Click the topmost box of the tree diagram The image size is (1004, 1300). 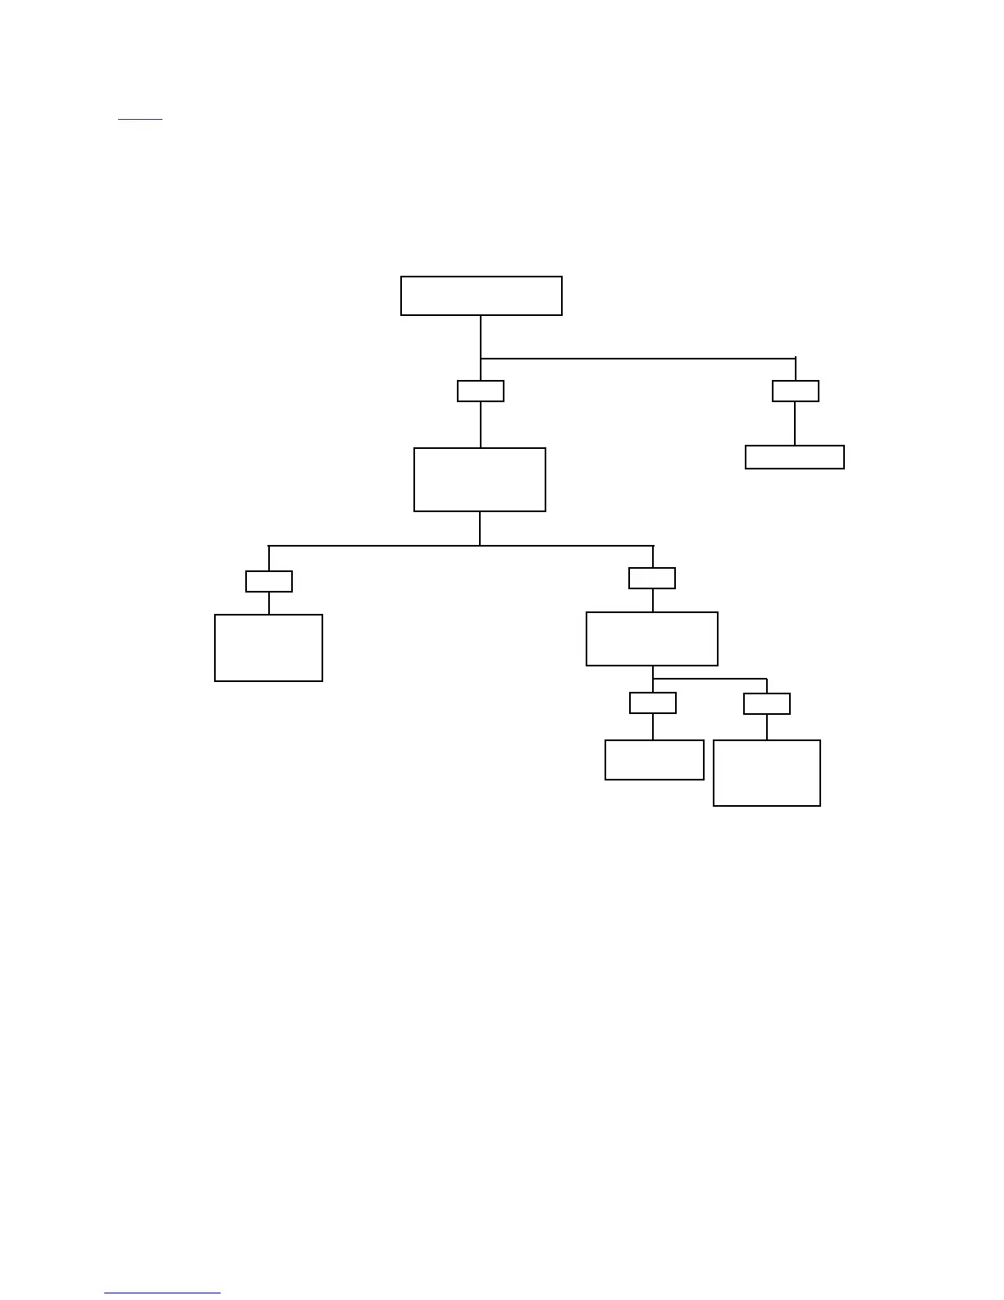click(x=481, y=295)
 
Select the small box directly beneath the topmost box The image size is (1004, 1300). click(x=481, y=391)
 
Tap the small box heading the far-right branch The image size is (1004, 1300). click(x=795, y=391)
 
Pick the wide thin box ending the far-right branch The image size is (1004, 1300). click(x=794, y=457)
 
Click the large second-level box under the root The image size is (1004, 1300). click(x=480, y=479)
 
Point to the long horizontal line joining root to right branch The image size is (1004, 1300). click(x=638, y=359)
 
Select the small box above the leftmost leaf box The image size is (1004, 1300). click(x=269, y=581)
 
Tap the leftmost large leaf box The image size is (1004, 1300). click(x=268, y=648)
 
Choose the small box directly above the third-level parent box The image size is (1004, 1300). click(x=652, y=578)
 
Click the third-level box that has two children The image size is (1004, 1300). click(x=652, y=639)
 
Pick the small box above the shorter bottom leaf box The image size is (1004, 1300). click(x=653, y=703)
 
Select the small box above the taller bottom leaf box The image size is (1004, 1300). click(x=767, y=703)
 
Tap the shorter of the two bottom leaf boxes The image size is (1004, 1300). click(x=654, y=760)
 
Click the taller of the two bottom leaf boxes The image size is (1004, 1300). click(x=767, y=773)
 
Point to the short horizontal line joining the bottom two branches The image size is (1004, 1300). click(x=710, y=680)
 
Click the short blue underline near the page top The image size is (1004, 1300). click(x=140, y=120)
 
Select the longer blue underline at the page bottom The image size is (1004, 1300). click(x=162, y=1293)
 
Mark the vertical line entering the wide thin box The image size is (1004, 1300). click(x=795, y=423)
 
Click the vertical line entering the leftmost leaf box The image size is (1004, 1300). click(x=269, y=603)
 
